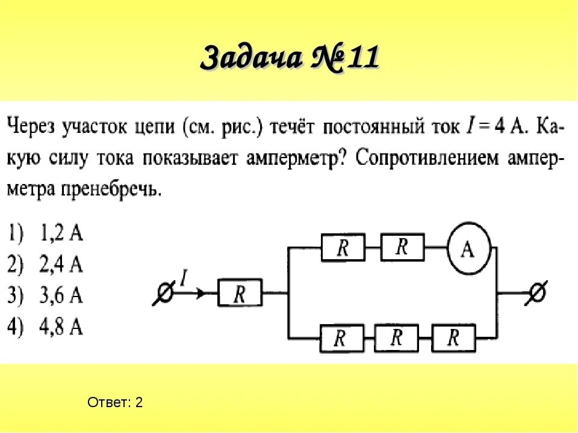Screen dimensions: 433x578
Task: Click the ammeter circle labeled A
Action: point(468,248)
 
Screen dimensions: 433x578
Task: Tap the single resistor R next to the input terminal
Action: point(240,294)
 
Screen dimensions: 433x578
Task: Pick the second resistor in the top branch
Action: point(402,247)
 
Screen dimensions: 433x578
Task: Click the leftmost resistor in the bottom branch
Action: point(341,339)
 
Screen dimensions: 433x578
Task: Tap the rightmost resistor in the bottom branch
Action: point(453,338)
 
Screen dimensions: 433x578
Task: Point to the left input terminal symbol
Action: point(164,294)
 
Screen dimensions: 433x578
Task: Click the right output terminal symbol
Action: point(536,293)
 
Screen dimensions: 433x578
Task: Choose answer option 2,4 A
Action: point(46,264)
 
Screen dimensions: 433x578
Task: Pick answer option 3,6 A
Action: point(46,295)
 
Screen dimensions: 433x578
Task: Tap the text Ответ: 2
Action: point(115,402)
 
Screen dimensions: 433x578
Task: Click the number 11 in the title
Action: point(358,58)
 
